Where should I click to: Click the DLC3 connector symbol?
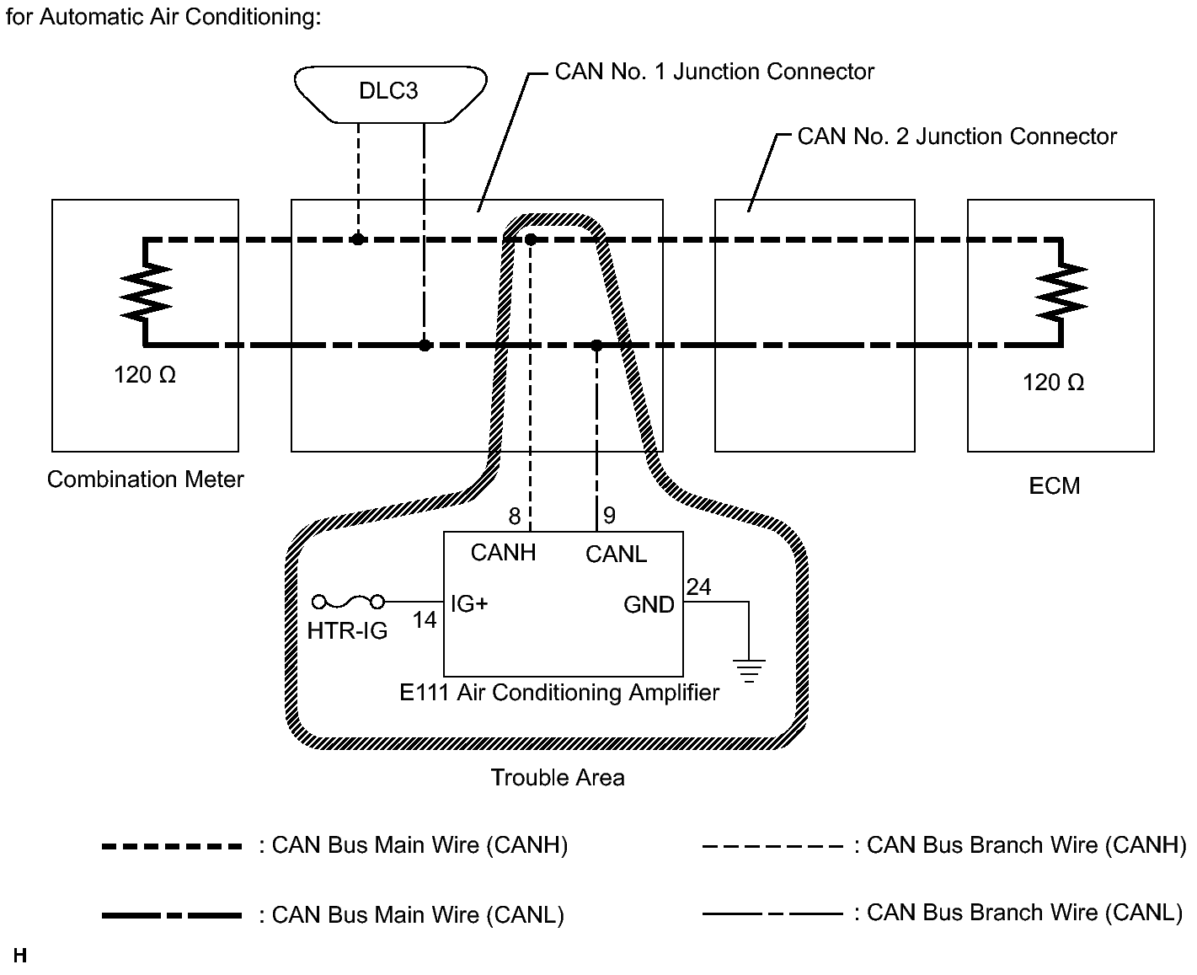[x=390, y=91]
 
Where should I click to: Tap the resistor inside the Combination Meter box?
[x=147, y=291]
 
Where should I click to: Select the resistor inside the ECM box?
[x=1062, y=291]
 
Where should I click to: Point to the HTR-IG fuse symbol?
[x=348, y=602]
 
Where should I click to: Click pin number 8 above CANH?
[x=515, y=516]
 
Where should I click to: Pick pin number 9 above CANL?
[x=610, y=516]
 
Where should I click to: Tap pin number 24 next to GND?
[x=698, y=587]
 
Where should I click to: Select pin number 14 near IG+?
[x=425, y=620]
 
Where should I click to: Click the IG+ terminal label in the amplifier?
[x=469, y=603]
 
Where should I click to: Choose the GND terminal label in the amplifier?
[x=649, y=604]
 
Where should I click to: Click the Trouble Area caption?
[x=558, y=777]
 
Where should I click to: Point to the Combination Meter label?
[x=146, y=479]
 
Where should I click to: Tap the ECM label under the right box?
[x=1054, y=486]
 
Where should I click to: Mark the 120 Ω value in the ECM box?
[x=1053, y=383]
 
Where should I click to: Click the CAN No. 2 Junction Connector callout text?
[x=957, y=137]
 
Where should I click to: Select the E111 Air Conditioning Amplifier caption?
[x=559, y=693]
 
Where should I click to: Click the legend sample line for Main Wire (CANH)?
[x=172, y=846]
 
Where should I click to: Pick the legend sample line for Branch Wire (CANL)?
[x=772, y=913]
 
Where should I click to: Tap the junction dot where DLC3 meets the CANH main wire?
[x=358, y=239]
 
